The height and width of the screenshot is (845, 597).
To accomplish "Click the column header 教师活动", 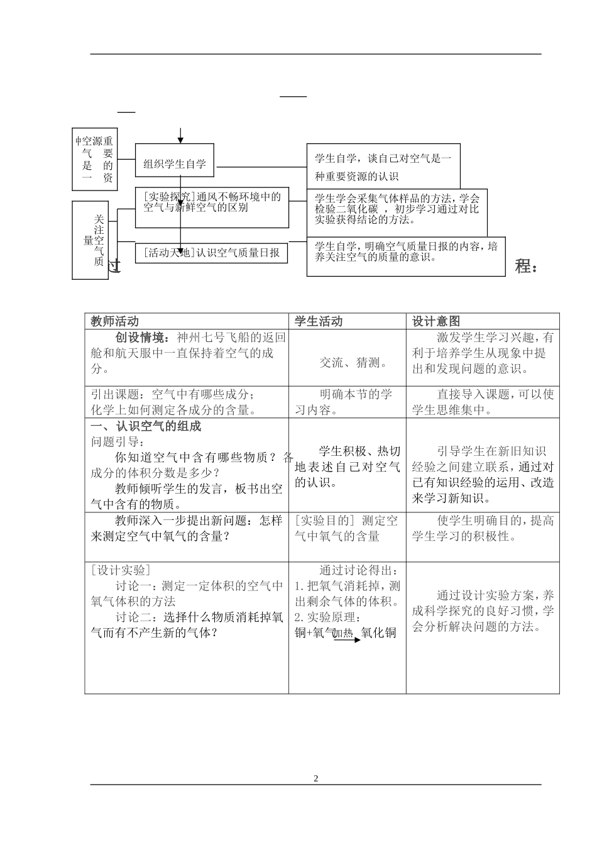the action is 115,321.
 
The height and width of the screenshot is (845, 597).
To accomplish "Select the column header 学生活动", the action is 319,321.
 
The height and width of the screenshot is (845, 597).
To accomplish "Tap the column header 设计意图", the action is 436,321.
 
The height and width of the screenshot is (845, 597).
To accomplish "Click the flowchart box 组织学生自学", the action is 175,165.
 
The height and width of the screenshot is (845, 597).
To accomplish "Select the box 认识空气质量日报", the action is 212,253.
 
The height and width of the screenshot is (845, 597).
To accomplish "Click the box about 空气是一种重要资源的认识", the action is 383,167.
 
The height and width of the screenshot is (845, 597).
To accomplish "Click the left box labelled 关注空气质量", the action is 94,240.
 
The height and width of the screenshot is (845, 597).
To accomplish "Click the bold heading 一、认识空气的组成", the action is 146,426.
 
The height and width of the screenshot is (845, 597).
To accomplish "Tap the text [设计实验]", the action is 121,570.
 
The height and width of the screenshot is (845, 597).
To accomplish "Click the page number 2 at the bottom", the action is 316,778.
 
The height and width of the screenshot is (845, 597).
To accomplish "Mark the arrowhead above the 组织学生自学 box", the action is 180,140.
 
